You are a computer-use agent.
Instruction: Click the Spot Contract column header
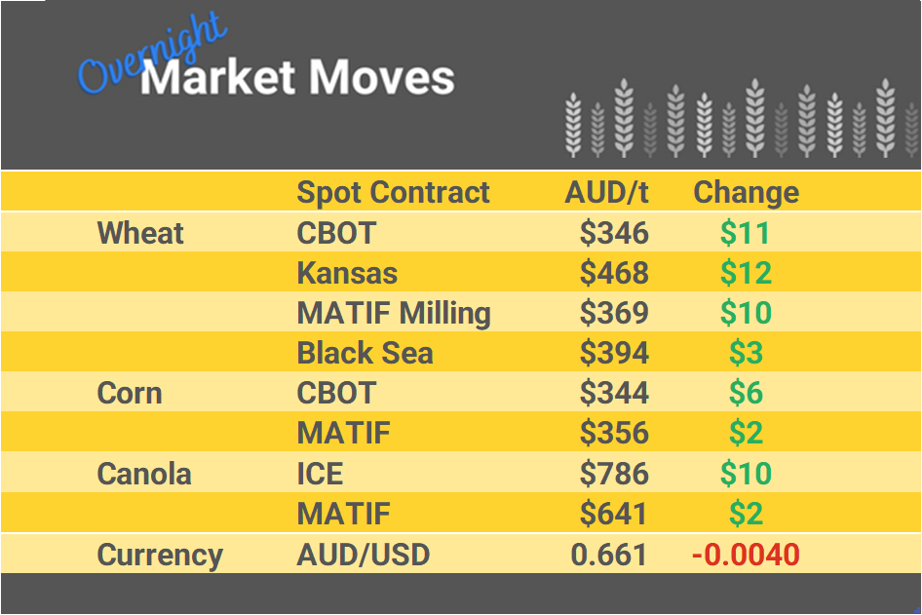coord(393,192)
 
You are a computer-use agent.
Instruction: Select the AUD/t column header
coord(606,192)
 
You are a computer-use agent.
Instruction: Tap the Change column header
coord(746,192)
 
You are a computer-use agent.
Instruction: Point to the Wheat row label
coord(140,233)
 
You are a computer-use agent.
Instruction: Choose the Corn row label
coord(130,394)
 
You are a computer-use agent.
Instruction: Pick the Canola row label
coord(144,475)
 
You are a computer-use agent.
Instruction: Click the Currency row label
coord(160,556)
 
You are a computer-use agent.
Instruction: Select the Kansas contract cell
coord(347,273)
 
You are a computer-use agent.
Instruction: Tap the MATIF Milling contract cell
coord(394,313)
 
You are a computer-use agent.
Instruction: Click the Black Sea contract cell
coord(365,353)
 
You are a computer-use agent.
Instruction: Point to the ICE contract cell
coord(320,475)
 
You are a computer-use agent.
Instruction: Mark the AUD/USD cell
coord(363,556)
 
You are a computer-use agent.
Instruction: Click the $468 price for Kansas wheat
coord(614,273)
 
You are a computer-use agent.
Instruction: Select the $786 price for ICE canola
coord(614,475)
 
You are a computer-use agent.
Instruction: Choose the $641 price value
coord(614,515)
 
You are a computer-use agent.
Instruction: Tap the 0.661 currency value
coord(609,556)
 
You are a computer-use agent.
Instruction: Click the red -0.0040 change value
coord(746,556)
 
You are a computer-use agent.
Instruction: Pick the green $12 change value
coord(746,273)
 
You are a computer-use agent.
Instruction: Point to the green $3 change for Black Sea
coord(746,353)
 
